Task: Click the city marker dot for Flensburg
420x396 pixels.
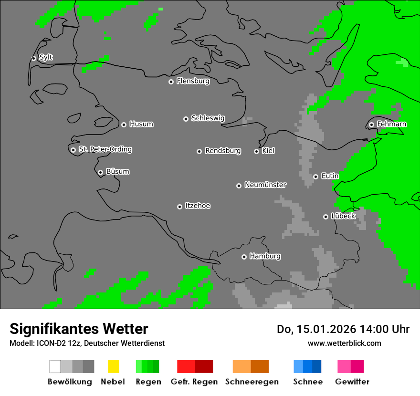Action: tap(171, 82)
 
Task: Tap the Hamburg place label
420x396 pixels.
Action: tap(265, 256)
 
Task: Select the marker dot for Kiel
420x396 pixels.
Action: tap(256, 151)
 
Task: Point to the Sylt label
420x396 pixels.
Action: tap(46, 58)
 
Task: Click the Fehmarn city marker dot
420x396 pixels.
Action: tap(371, 125)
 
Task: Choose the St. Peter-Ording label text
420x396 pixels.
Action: tap(105, 149)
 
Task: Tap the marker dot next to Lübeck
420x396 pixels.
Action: tap(325, 217)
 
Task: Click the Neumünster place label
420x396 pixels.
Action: tap(265, 185)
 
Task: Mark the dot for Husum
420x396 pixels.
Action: tap(124, 125)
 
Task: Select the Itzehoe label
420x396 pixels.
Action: tap(198, 206)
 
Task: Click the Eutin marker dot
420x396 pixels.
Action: tap(315, 177)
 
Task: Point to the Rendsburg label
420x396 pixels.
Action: tap(223, 151)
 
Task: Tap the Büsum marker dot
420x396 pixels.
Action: tap(100, 172)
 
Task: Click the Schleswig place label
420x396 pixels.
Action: tap(208, 118)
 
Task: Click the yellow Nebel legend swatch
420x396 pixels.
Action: tap(113, 366)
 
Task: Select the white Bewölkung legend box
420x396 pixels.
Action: tap(55, 366)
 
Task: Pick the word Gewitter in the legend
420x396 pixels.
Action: tap(352, 382)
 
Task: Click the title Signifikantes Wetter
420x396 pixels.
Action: tap(79, 329)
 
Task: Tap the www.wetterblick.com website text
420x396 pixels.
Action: tap(345, 343)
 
